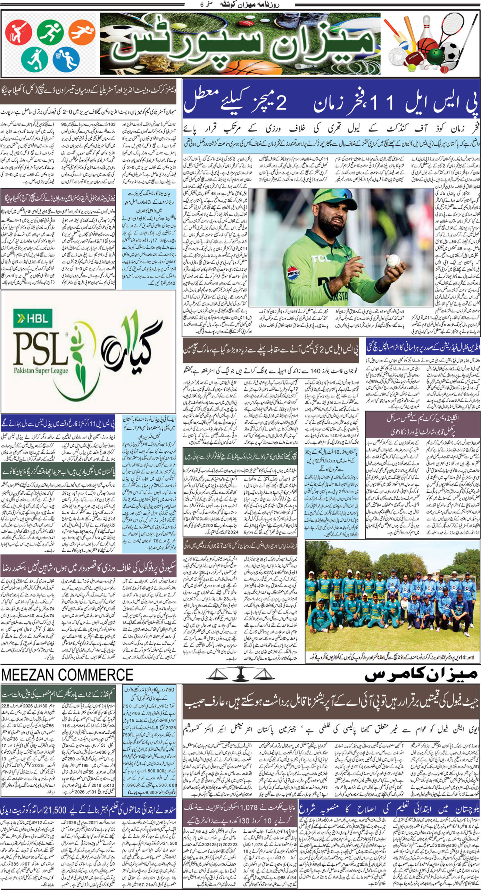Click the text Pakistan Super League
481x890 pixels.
point(41,371)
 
